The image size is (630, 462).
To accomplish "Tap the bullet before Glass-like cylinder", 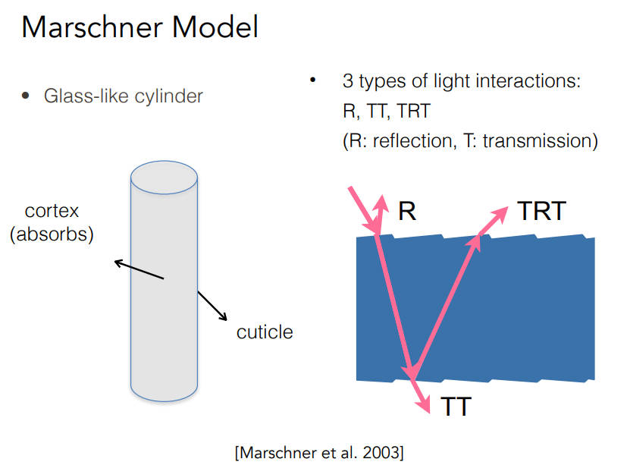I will (x=26, y=96).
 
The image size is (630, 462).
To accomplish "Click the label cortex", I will (x=52, y=210).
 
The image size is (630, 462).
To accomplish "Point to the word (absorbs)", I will (x=52, y=234).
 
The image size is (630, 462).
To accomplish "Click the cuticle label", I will (x=264, y=332).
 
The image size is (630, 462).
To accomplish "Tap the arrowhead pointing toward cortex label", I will (x=118, y=263).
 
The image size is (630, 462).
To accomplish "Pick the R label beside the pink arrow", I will (x=407, y=211).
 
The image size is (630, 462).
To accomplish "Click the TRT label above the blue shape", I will (x=541, y=211).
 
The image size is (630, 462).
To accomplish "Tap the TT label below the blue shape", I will (x=456, y=407).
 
